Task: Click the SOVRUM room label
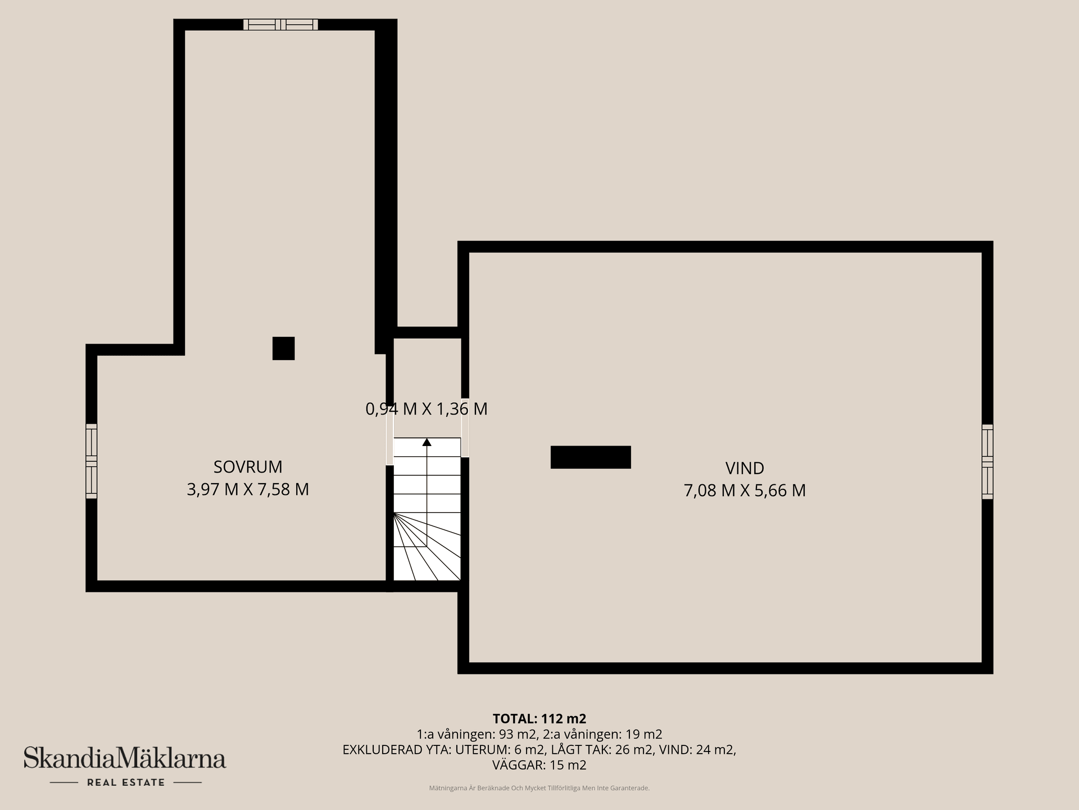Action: pos(248,467)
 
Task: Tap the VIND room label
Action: pos(745,468)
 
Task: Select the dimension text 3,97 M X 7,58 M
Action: pos(248,489)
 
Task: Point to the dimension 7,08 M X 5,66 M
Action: pos(745,490)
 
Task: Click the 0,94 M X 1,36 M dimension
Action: pos(427,409)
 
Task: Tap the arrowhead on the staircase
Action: pos(427,442)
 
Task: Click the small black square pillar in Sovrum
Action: pos(283,348)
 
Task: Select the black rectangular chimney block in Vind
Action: pos(591,457)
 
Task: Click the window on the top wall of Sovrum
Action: pos(280,25)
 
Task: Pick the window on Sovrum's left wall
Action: pos(92,461)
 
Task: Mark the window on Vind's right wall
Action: pos(987,462)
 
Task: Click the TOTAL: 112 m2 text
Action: pos(539,719)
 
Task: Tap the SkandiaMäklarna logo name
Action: pos(125,758)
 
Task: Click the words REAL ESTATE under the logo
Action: pos(126,782)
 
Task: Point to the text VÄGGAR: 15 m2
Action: pos(539,765)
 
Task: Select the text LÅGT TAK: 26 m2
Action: pos(602,750)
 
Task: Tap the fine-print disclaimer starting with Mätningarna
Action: pos(539,788)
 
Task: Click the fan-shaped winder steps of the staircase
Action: pos(427,547)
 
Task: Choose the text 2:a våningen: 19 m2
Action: pos(603,734)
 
